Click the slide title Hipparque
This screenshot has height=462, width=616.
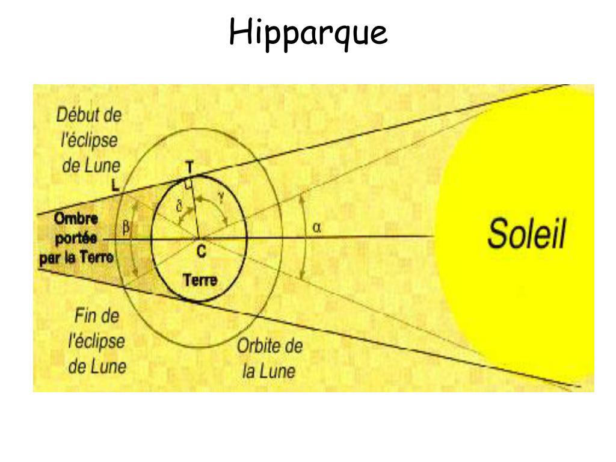pos(308,33)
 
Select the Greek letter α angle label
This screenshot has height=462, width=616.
pos(318,227)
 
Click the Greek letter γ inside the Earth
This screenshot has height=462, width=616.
pos(222,197)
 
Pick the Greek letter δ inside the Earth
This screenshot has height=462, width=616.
pos(179,206)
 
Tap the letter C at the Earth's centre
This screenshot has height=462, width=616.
pos(201,253)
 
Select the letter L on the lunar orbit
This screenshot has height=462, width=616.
pos(115,186)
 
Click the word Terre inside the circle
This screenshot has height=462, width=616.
pos(200,280)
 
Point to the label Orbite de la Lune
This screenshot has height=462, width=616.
pos(269,359)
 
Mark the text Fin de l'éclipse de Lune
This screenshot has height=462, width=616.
pos(96,340)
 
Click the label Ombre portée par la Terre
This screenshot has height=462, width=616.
pos(77,239)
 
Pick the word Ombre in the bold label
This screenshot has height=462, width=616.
pos(76,218)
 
